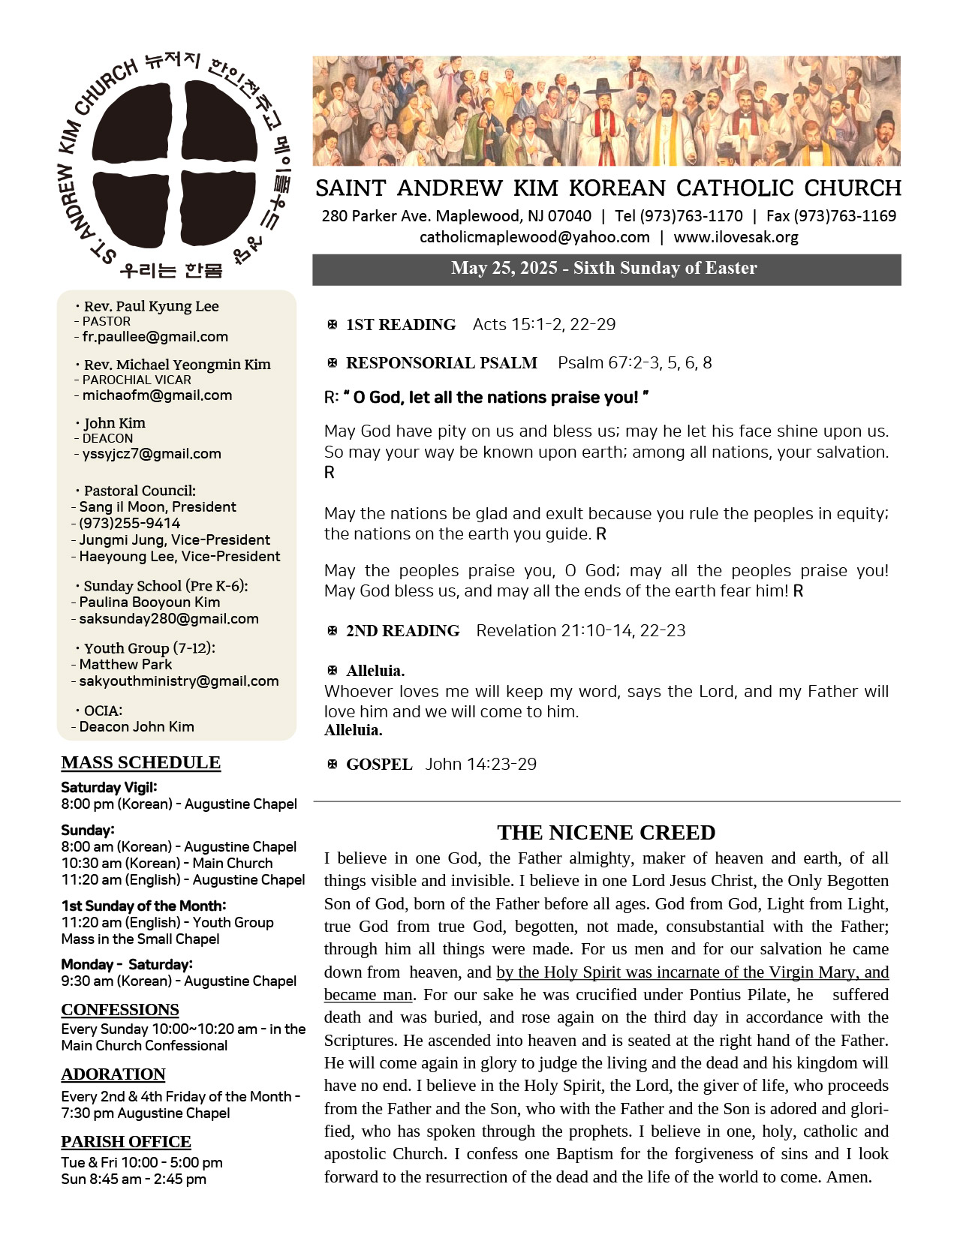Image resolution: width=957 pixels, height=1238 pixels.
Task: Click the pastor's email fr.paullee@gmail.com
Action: click(x=155, y=337)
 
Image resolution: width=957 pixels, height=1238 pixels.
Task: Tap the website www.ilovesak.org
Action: click(x=736, y=237)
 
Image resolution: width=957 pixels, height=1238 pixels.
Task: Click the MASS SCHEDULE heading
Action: click(x=141, y=762)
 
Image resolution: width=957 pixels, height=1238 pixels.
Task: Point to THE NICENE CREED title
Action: click(x=606, y=832)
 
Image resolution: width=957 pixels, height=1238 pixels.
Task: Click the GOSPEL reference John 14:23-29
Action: click(x=481, y=764)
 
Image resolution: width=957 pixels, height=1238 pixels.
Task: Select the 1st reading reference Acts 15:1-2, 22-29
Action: click(x=544, y=324)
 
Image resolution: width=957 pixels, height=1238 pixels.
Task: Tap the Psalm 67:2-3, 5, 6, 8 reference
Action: click(x=634, y=362)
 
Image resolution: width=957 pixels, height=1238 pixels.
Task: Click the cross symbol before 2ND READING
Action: click(x=333, y=630)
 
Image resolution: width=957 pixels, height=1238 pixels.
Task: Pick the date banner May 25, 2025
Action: click(x=603, y=268)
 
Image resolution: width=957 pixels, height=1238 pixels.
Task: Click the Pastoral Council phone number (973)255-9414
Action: click(x=129, y=523)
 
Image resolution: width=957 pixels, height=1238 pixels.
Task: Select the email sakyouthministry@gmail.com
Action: click(x=179, y=681)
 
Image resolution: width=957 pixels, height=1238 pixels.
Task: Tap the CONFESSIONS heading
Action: click(x=120, y=1009)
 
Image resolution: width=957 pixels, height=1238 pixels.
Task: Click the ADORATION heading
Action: click(x=113, y=1074)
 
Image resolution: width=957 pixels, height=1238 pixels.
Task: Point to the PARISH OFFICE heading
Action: click(x=126, y=1141)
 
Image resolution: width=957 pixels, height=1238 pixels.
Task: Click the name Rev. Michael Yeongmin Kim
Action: click(x=177, y=365)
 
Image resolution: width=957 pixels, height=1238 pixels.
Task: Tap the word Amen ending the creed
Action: click(x=848, y=1176)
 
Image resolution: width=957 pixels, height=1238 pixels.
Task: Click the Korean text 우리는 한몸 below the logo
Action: click(x=171, y=270)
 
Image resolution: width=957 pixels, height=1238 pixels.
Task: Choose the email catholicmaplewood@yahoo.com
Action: click(x=534, y=237)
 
